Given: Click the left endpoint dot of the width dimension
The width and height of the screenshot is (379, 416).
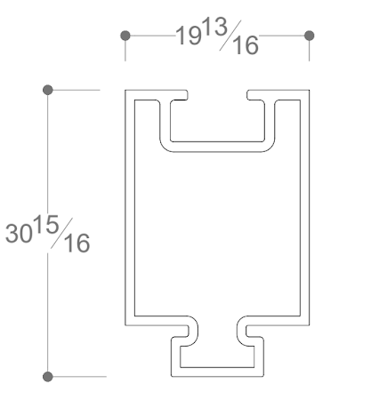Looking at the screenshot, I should (x=125, y=36).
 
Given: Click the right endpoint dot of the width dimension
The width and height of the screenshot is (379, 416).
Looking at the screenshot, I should (x=309, y=36).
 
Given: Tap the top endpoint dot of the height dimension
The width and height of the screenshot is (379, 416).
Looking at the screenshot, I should (x=48, y=89).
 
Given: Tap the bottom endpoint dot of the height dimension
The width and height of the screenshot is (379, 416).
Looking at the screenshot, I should (x=48, y=376).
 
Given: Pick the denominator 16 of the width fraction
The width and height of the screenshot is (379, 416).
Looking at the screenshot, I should (x=243, y=44).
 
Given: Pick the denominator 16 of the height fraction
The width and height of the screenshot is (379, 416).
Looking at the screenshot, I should (x=76, y=242).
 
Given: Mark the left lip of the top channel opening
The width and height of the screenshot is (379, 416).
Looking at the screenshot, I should (x=176, y=93).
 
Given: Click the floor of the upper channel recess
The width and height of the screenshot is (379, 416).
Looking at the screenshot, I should (x=217, y=146).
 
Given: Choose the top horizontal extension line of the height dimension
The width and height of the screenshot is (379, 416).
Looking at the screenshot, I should (x=80, y=89).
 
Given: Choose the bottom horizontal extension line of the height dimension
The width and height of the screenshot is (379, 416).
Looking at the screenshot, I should (x=80, y=376).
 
